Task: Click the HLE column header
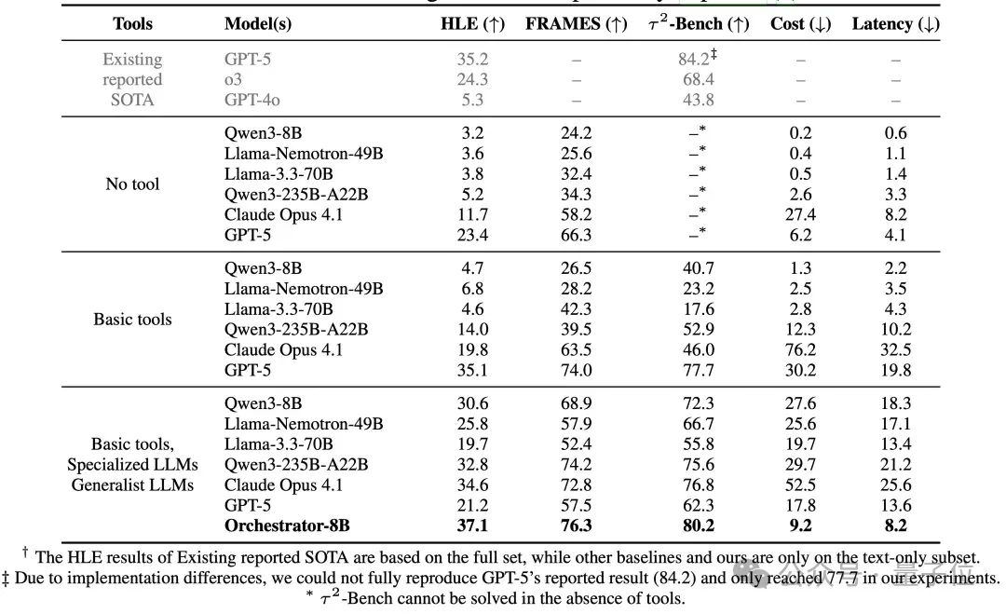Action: (x=473, y=23)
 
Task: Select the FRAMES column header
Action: (x=577, y=23)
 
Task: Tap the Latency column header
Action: (x=896, y=23)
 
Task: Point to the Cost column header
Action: (x=801, y=23)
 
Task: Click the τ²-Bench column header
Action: (x=699, y=23)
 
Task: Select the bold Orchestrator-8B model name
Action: (x=287, y=525)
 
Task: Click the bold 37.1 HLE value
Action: (x=473, y=525)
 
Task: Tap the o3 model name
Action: (x=233, y=79)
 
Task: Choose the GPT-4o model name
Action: (x=252, y=100)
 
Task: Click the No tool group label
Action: (x=132, y=184)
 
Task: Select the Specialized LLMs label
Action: (x=133, y=465)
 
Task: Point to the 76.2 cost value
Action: (x=801, y=349)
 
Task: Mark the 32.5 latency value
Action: (x=896, y=349)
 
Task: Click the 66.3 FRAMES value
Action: (x=577, y=235)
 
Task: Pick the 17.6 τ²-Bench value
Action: (x=699, y=309)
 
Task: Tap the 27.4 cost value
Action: (x=801, y=214)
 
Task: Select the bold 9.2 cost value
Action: (x=801, y=525)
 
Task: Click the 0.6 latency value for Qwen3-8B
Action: (x=896, y=133)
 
